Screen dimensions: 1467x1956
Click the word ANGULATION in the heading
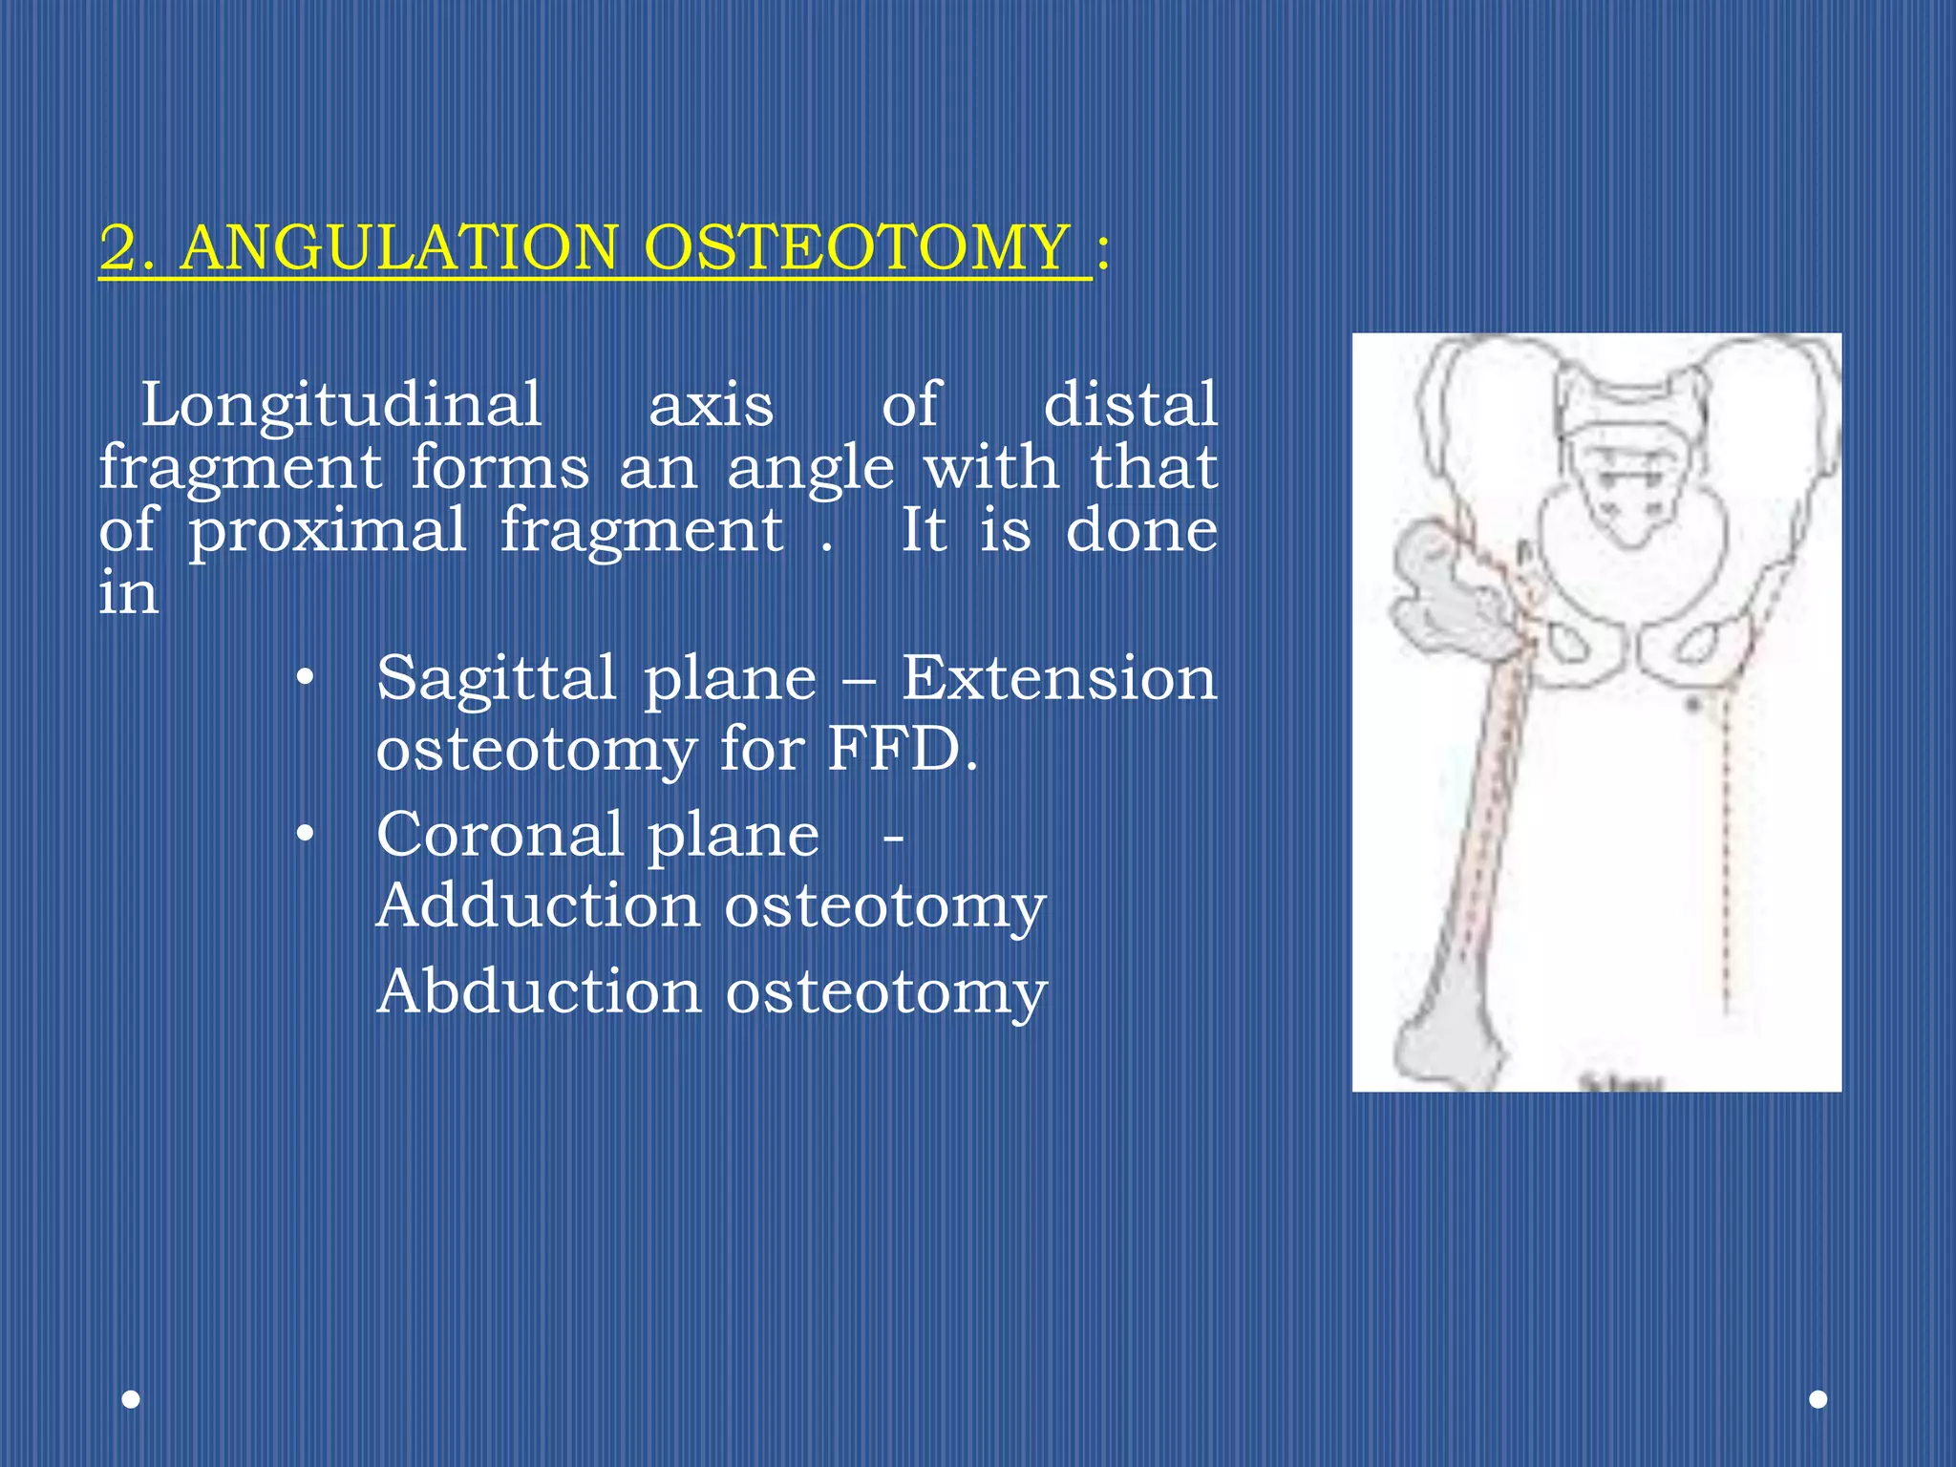click(399, 247)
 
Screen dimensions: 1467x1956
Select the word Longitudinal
click(341, 405)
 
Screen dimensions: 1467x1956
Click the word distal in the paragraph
click(1130, 404)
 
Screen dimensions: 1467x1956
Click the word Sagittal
click(496, 678)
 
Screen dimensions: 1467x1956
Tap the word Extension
click(1058, 678)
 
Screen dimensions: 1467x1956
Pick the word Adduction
click(538, 905)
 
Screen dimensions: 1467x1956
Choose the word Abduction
click(539, 991)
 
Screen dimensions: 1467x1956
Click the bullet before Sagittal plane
click(305, 679)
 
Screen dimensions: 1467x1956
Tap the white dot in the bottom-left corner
click(132, 1400)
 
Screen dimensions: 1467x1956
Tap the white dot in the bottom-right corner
click(1818, 1399)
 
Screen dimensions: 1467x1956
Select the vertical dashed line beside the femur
click(1726, 860)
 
